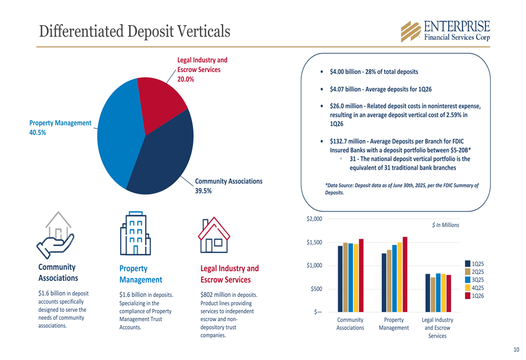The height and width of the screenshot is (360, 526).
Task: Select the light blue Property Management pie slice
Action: (x=118, y=131)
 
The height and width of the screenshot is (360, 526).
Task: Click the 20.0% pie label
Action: (x=186, y=79)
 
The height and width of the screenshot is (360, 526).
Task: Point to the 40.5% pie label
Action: (x=37, y=132)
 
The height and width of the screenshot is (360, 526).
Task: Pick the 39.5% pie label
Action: (x=204, y=191)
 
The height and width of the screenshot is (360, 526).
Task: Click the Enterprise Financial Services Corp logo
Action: (x=445, y=31)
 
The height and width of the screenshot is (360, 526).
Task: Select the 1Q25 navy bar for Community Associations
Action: (x=340, y=279)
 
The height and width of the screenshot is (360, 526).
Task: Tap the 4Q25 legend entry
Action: (x=474, y=288)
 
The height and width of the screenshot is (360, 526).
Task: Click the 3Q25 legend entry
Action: (x=474, y=280)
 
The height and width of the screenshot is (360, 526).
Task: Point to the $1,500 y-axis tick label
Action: (x=315, y=242)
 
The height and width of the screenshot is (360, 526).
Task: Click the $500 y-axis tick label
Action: (x=317, y=289)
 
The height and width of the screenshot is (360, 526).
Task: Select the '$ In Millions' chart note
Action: (x=445, y=225)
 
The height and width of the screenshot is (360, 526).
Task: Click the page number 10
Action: (x=516, y=349)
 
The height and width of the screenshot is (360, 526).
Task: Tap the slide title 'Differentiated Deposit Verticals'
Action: (x=135, y=31)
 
